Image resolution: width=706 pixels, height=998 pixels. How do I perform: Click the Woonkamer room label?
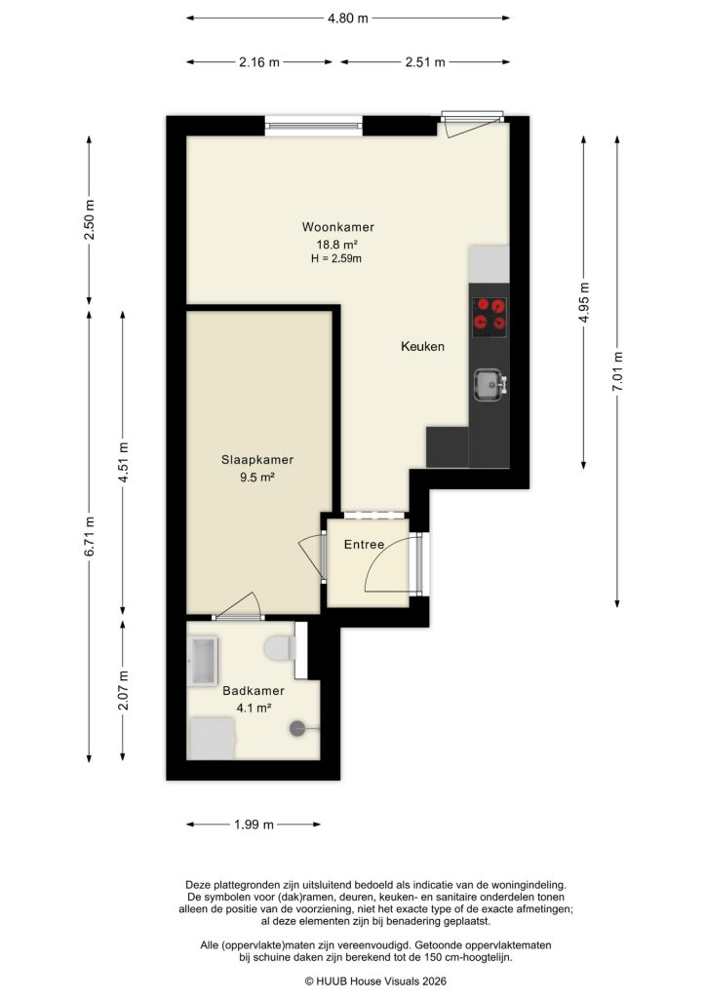(x=337, y=228)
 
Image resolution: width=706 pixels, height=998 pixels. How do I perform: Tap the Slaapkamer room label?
(x=257, y=460)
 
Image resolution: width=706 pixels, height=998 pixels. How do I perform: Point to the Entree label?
(x=364, y=544)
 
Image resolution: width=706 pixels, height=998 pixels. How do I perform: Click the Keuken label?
(x=422, y=346)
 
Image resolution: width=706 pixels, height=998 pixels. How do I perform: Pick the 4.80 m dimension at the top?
(x=349, y=18)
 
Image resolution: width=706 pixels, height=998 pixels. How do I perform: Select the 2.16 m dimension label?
(x=258, y=62)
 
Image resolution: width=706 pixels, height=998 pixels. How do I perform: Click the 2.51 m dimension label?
(x=424, y=62)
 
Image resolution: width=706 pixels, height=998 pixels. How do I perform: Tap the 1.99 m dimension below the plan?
(x=254, y=825)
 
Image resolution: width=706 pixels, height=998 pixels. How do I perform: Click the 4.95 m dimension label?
(x=585, y=301)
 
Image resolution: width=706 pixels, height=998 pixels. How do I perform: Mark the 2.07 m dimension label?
(x=123, y=690)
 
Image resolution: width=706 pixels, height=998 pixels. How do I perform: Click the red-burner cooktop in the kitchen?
(x=489, y=314)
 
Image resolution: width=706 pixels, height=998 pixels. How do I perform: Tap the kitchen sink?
(x=489, y=384)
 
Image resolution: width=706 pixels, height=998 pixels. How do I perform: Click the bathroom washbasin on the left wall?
(x=205, y=661)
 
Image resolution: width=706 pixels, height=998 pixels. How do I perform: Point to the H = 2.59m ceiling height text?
(x=337, y=258)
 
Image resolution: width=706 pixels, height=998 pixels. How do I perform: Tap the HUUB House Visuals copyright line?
(x=352, y=981)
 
